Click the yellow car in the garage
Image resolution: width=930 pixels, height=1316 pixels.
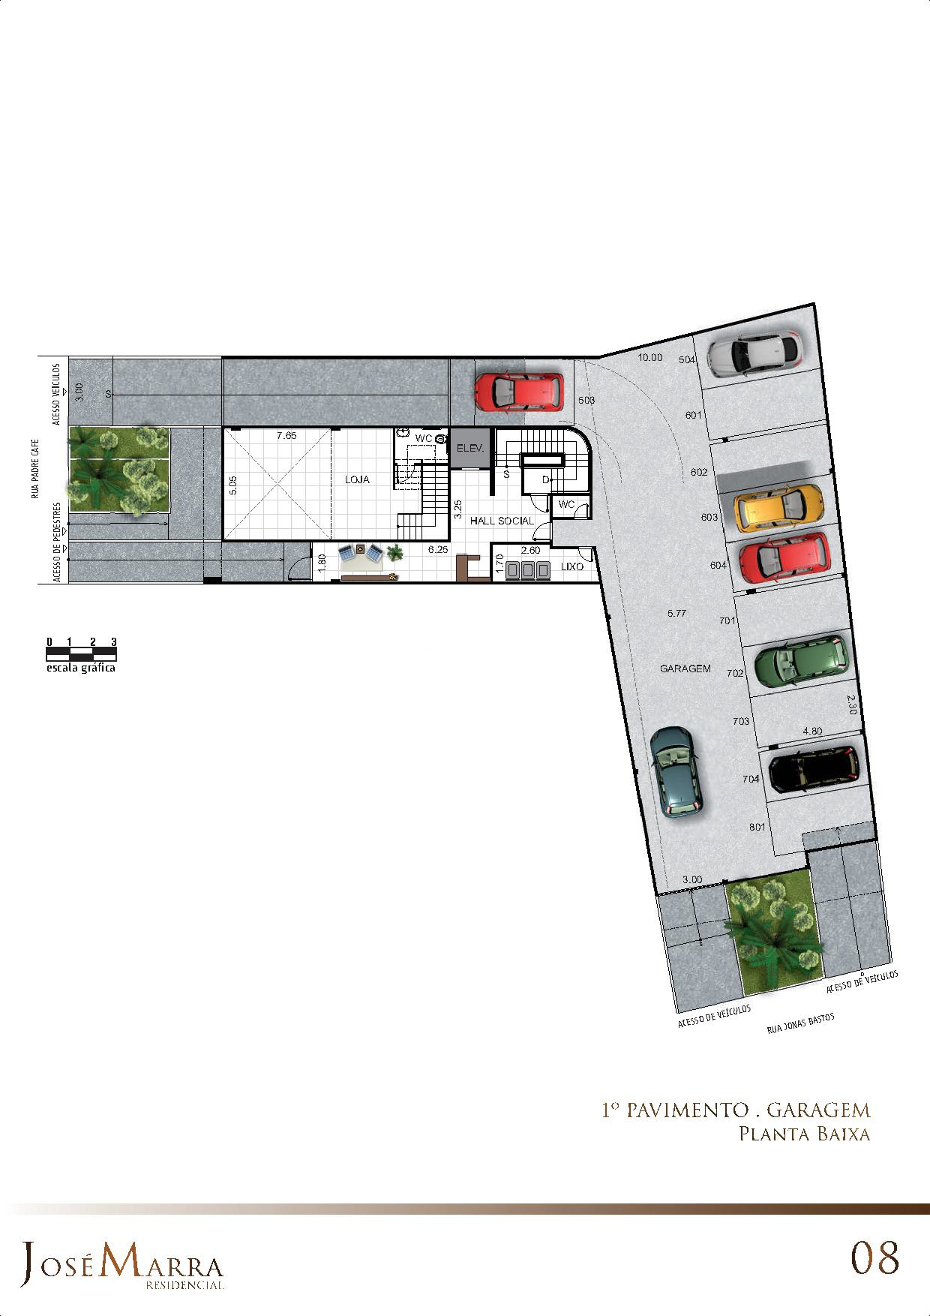pos(778,508)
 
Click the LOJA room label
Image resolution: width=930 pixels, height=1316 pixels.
pos(357,479)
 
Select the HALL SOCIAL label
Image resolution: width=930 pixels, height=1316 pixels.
pos(502,521)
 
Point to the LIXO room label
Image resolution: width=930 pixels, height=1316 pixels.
pos(572,566)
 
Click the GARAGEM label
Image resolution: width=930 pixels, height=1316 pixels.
pos(685,669)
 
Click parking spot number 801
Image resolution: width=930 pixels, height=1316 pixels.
pos(757,827)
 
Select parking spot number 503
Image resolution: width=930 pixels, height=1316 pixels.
pos(586,401)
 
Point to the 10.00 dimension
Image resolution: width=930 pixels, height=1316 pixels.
pos(649,358)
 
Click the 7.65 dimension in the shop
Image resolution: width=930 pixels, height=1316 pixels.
pos(286,435)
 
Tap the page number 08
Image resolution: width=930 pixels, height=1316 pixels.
pos(874,1258)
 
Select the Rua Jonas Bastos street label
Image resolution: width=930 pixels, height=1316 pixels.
pos(800,1023)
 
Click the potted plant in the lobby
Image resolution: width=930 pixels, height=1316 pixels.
pos(394,553)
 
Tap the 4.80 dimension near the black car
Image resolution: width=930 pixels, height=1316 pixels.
pos(811,731)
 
